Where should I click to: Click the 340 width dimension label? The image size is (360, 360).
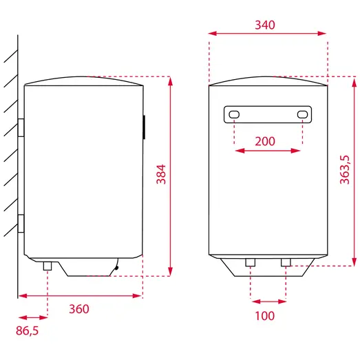coord(265,25)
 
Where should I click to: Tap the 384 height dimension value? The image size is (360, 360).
coord(161,174)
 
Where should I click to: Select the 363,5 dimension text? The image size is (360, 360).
coord(345,170)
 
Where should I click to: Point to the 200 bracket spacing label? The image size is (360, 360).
coord(265,141)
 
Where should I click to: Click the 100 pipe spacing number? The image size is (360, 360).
coord(265,316)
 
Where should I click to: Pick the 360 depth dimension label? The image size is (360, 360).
coord(79,309)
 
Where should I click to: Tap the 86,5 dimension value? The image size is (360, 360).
coord(27,330)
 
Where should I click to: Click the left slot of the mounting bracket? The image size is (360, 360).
coord(234,114)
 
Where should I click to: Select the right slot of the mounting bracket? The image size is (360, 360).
coord(302,114)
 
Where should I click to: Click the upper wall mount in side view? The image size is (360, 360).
coord(21,127)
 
